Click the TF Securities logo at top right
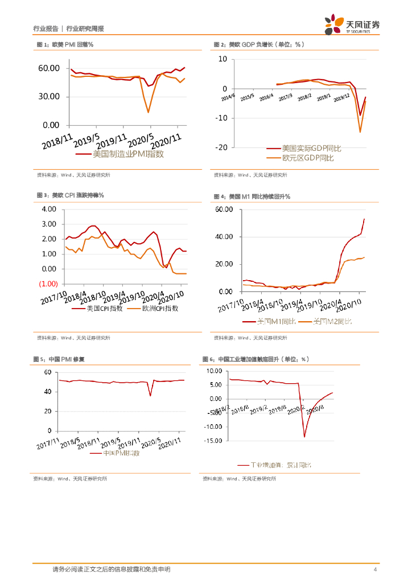click(x=352, y=25)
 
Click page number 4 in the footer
click(x=375, y=569)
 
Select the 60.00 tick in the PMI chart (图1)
click(x=49, y=68)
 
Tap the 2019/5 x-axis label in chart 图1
click(x=86, y=140)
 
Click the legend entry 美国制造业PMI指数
click(x=127, y=154)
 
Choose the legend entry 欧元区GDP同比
click(x=307, y=158)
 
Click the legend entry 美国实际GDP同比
click(x=312, y=149)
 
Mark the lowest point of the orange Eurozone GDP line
click(x=360, y=132)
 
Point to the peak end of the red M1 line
click(x=364, y=219)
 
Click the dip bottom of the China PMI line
click(x=150, y=396)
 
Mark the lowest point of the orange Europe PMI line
click(x=149, y=112)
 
